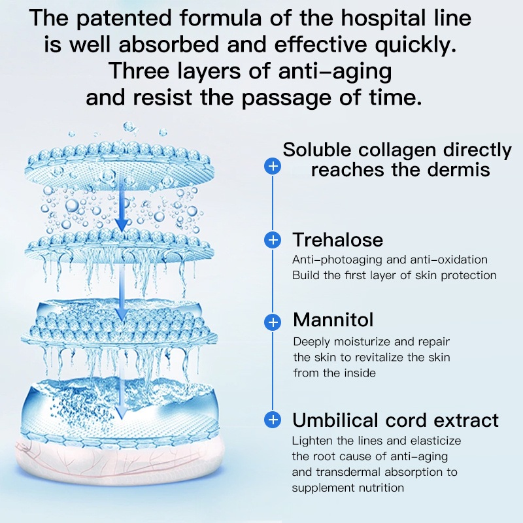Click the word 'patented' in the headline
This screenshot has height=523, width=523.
(124, 18)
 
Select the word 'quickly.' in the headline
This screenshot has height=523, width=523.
(415, 44)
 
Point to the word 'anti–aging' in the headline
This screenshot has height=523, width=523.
(335, 71)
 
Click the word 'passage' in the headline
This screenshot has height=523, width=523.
(286, 98)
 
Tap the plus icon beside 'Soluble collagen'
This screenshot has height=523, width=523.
(273, 166)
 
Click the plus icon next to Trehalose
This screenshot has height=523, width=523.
(273, 240)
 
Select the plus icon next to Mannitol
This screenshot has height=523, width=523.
(273, 322)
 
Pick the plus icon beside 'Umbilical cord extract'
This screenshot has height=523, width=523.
(273, 420)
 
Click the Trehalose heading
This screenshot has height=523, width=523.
(338, 240)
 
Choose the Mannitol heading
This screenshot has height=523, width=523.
(333, 320)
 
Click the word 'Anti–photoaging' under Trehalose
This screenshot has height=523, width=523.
(337, 260)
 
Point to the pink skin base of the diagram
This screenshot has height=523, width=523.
(117, 457)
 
